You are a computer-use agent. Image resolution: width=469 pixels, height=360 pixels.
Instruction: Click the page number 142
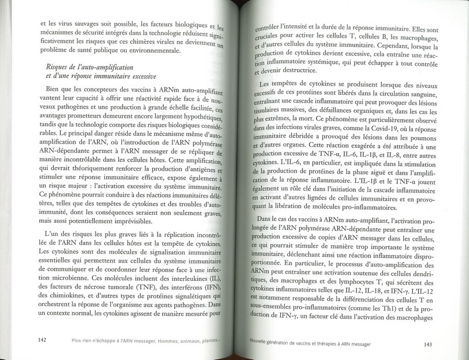click(42, 339)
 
